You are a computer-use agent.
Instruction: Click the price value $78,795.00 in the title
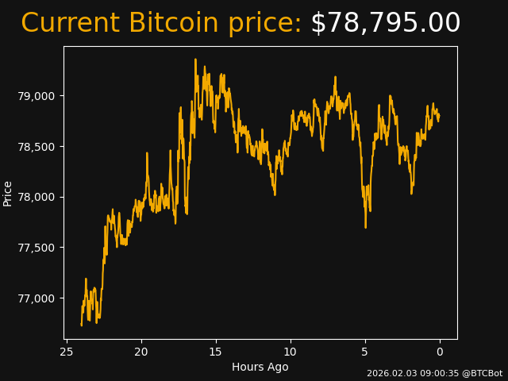coord(385,23)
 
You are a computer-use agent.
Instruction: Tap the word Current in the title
coord(71,23)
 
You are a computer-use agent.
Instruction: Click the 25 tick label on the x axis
coord(67,352)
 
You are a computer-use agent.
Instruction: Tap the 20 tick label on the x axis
coord(141,352)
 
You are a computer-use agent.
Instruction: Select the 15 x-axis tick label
coord(216,352)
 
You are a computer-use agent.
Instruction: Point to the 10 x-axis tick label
coord(291,352)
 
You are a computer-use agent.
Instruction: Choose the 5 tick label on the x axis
coord(365,352)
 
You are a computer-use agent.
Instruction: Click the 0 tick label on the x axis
coord(440,352)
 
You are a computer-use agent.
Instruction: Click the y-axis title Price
coord(8,193)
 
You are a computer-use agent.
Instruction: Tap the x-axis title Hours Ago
coord(260,367)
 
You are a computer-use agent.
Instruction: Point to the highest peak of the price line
coord(195,60)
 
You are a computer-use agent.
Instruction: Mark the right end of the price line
coord(439,116)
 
